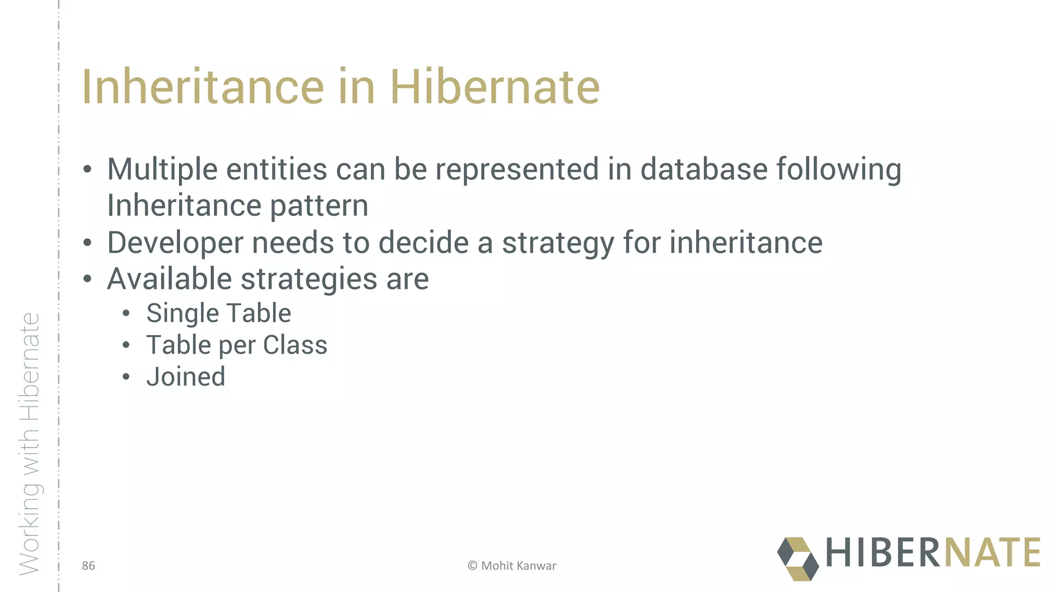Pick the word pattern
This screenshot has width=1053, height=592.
click(319, 206)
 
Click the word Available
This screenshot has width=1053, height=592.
click(170, 279)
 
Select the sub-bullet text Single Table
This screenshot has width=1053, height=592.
click(219, 313)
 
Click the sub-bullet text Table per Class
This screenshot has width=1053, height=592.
click(237, 345)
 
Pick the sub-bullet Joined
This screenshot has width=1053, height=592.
click(186, 377)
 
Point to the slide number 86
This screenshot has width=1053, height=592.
click(88, 566)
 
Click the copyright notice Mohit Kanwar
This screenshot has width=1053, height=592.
click(512, 566)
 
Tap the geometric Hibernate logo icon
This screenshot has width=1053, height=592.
click(797, 559)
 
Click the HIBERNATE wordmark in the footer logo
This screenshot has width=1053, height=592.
click(933, 553)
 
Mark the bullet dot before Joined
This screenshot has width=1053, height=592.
click(126, 377)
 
